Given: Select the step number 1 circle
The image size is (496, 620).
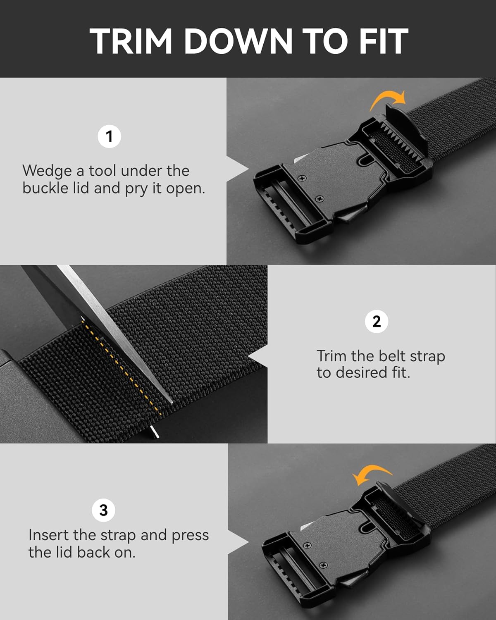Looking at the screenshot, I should pos(109,136).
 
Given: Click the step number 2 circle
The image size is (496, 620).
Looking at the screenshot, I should pos(376,321).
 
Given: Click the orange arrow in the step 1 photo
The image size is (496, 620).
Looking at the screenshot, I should pos(388,100).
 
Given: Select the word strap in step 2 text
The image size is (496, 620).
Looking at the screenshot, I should pos(427,356).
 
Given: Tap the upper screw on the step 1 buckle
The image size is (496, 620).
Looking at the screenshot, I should pos(302,178).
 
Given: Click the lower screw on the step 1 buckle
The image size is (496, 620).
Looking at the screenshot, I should pos(320,199).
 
